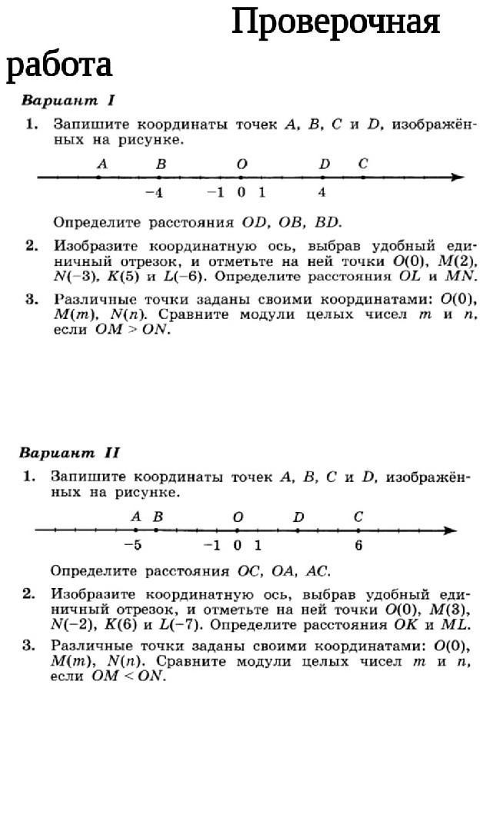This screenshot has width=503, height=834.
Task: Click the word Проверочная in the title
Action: point(335,23)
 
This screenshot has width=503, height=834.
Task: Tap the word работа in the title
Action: point(59,65)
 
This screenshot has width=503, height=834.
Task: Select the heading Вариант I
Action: point(68,101)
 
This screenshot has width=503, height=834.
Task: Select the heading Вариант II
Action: point(69,453)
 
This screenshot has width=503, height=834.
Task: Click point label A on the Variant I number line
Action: point(102,164)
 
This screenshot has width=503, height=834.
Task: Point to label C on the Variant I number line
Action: point(363,164)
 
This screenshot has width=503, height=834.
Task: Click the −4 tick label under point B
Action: point(155,193)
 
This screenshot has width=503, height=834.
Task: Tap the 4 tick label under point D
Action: point(323,193)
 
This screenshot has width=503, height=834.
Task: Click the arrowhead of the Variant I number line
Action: point(458,178)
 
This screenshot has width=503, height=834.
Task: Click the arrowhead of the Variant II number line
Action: point(451,530)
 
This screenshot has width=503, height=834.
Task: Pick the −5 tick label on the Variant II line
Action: point(133,546)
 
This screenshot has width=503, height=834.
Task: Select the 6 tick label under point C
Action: point(358,546)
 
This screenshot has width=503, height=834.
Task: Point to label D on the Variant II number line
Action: point(298,517)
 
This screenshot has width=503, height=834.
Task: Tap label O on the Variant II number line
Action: point(238,517)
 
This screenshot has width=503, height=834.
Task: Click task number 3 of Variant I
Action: point(32,299)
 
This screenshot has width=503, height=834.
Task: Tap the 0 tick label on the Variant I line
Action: point(242,193)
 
